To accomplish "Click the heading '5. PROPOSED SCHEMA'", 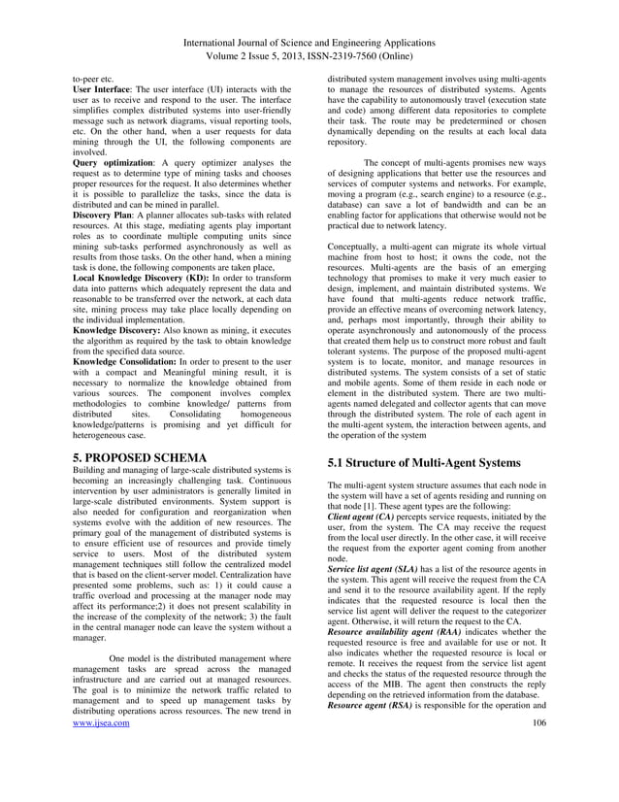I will (x=140, y=456).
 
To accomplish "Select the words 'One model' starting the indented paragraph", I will (x=134, y=657).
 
